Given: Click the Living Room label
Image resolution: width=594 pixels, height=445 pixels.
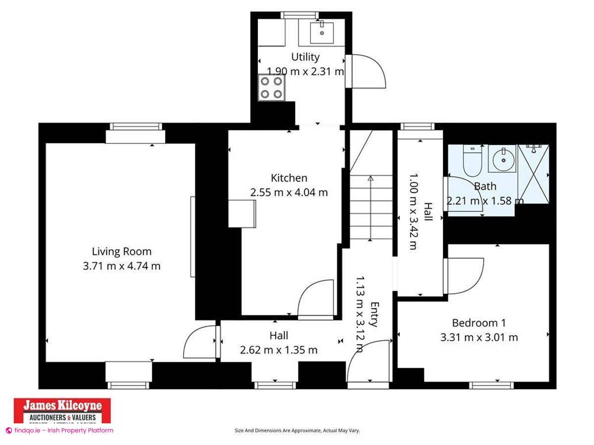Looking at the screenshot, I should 121,252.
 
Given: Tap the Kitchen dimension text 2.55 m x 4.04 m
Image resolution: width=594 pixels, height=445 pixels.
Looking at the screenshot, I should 289,193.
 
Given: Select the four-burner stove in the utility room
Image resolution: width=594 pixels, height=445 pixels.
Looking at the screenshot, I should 271,88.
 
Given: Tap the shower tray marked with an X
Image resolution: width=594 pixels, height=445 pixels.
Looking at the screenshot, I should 533,174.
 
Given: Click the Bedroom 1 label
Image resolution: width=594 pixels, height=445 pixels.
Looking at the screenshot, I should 479,323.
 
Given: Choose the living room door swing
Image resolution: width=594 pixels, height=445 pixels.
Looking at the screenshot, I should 199,342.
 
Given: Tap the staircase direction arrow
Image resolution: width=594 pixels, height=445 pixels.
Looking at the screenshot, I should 370,208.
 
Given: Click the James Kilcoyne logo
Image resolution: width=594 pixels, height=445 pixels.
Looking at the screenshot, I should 62,410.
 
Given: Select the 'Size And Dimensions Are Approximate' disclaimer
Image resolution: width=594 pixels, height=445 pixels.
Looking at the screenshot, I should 297,431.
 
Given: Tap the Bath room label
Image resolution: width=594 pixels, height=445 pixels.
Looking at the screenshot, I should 485,186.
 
